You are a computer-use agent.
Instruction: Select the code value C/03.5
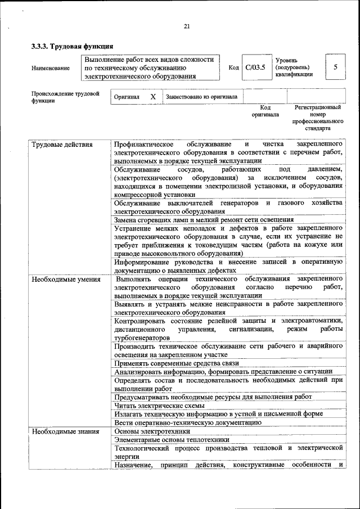tap(255, 67)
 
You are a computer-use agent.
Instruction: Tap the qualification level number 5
tap(335, 67)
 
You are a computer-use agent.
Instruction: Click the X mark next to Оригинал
tap(152, 97)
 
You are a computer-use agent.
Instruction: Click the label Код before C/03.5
tap(233, 68)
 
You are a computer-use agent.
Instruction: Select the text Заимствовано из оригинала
tap(201, 97)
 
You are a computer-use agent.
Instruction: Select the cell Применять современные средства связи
tap(177, 363)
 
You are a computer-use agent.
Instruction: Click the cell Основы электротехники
tap(152, 431)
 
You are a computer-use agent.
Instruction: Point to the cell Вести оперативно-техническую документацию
tap(187, 422)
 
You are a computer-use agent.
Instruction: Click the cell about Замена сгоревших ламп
tap(204, 219)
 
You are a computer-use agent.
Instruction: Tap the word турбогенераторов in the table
tap(141, 337)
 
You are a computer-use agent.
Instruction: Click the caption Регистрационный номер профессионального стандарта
tap(317, 117)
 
